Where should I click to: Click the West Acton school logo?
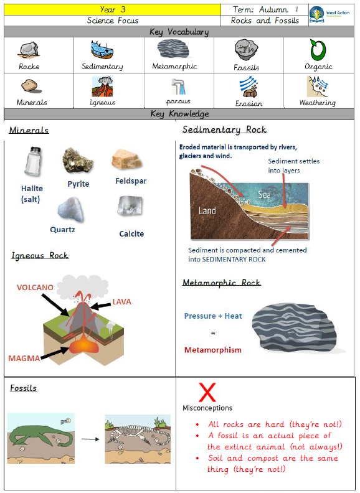point(329,14)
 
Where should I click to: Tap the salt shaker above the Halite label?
point(34,162)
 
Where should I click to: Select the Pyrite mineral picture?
point(77,161)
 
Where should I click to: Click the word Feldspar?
point(131,181)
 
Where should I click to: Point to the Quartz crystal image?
point(71,210)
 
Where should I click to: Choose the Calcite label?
point(131,233)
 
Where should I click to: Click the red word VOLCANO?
point(35,288)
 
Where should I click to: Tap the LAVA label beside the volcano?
point(122,302)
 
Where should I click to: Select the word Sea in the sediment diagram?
point(264,195)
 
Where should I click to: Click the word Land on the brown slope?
point(207,210)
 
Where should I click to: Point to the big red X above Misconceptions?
point(207,392)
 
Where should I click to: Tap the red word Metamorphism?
point(213,350)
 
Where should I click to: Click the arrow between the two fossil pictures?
point(90,439)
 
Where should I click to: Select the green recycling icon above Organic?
point(318,50)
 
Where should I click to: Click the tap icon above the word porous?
point(179,87)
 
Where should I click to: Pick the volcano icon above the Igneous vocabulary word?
point(102,87)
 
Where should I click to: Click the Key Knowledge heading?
point(179,114)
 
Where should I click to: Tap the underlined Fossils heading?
point(23,388)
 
